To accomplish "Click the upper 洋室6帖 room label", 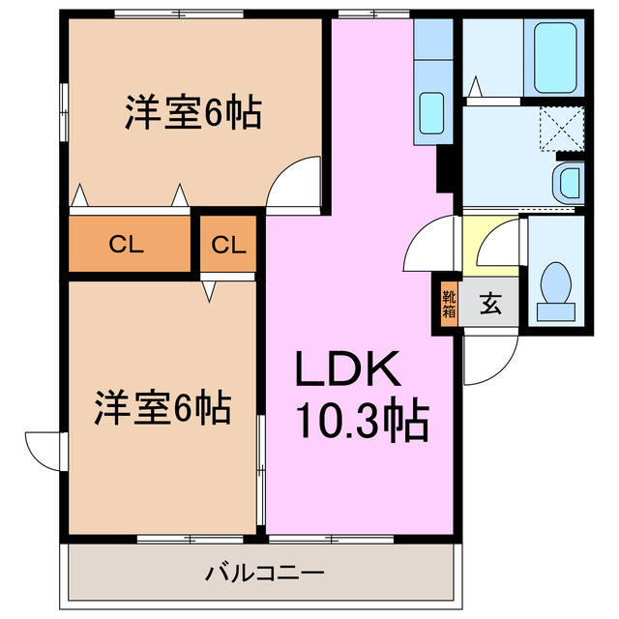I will (192, 114).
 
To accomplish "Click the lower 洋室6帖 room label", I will (162, 408).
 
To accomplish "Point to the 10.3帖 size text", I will (362, 421).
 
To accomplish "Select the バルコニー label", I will (264, 573).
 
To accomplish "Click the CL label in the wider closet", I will (127, 245).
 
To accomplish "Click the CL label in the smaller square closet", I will (229, 245).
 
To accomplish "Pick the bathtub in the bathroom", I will (554, 56).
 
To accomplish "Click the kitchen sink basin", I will (430, 113).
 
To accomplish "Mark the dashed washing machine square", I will (560, 128).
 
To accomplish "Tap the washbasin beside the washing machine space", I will (570, 181).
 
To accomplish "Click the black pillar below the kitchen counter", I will (446, 170).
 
